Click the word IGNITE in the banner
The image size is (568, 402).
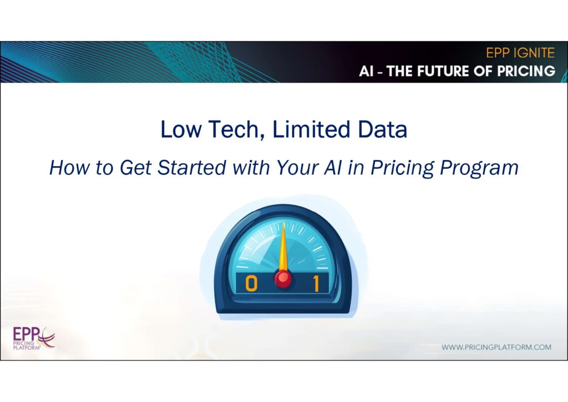(x=534, y=53)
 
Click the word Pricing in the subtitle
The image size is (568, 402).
(x=402, y=169)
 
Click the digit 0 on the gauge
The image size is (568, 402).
(x=251, y=283)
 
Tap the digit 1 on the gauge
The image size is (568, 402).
(x=316, y=283)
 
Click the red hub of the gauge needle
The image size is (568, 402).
(x=283, y=278)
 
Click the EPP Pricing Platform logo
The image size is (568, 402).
(x=34, y=338)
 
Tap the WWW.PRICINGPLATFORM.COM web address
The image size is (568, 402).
(x=496, y=347)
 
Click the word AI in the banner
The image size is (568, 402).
(x=366, y=72)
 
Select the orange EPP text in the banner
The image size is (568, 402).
(x=498, y=53)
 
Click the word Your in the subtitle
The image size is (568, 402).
(x=297, y=168)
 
